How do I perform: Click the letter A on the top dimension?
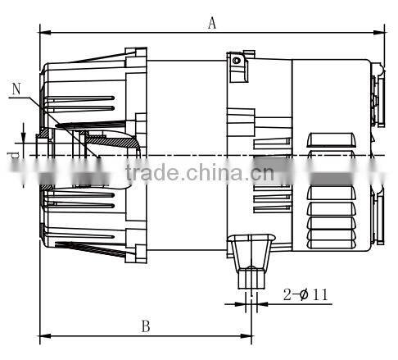211,23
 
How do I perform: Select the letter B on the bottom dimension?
145,326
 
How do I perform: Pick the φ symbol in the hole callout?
302,293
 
